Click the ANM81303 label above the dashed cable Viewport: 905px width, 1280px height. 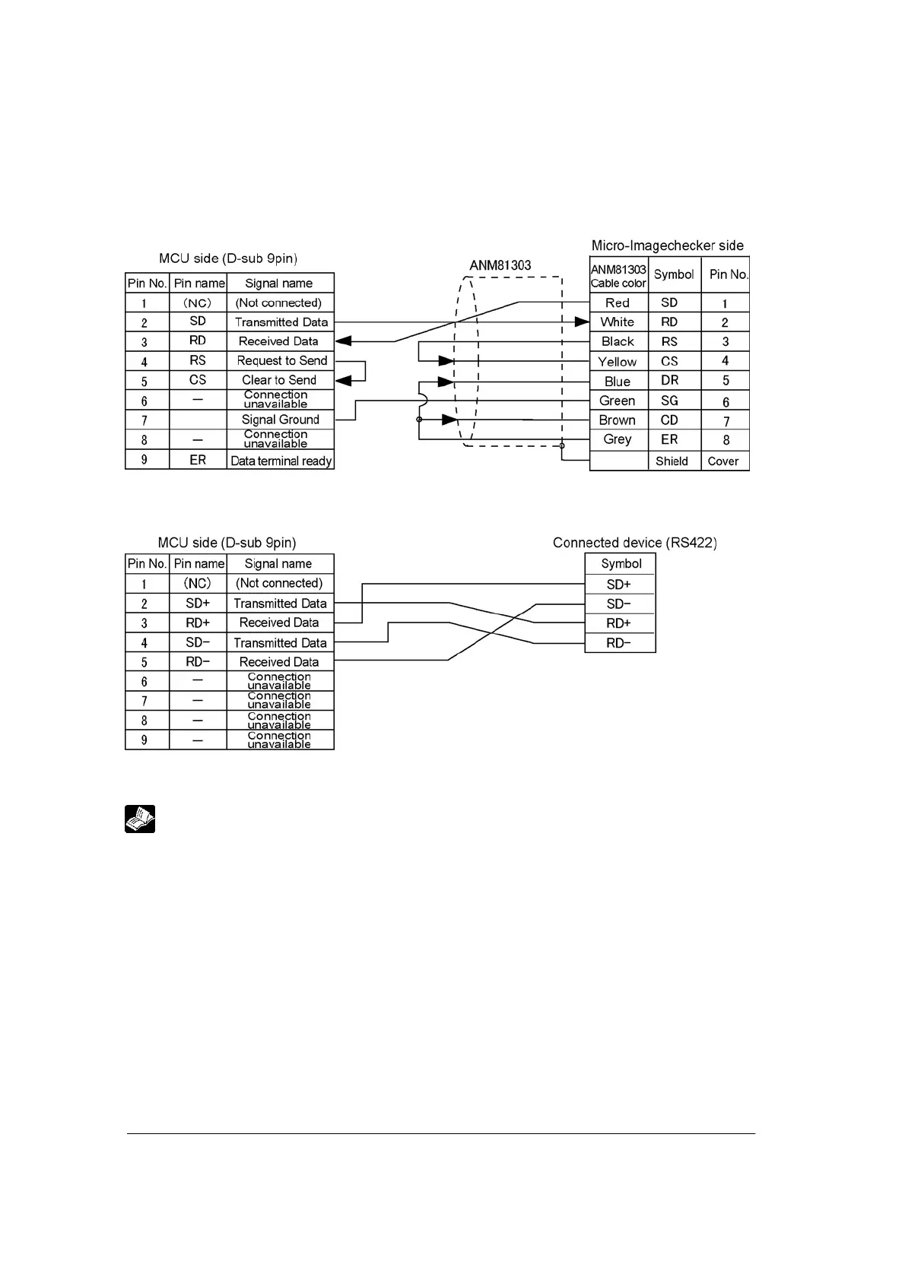(500, 265)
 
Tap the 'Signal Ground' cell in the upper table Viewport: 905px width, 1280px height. (280, 420)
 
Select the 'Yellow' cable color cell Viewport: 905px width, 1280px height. (618, 362)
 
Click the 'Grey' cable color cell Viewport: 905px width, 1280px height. (618, 439)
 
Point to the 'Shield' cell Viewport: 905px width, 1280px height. (672, 461)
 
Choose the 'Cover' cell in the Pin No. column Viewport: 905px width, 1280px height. (723, 461)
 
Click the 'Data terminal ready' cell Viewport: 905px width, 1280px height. (281, 461)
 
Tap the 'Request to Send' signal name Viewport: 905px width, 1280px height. (281, 361)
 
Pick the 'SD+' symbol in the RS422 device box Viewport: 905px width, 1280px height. (619, 585)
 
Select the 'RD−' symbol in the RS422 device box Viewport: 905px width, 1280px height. (619, 643)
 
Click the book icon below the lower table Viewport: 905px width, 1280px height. (140, 819)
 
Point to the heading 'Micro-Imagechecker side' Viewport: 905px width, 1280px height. (667, 246)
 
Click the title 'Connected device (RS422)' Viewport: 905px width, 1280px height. (634, 543)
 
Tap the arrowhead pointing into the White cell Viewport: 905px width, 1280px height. (582, 322)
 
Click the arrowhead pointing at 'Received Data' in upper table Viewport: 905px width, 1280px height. (343, 341)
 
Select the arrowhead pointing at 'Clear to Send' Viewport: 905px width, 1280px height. (343, 380)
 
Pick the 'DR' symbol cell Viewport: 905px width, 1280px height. (670, 380)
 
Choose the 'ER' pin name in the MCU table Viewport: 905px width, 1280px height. (198, 460)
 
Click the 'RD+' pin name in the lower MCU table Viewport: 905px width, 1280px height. (198, 623)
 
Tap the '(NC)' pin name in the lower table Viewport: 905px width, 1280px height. (198, 583)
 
